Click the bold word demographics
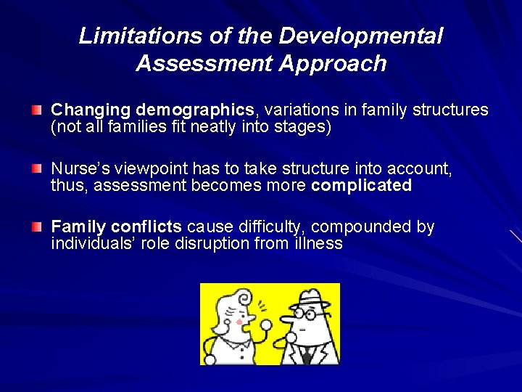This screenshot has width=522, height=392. click(194, 110)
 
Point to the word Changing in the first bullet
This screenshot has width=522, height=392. click(91, 110)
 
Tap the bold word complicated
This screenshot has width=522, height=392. click(361, 186)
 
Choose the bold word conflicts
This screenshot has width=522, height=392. click(146, 227)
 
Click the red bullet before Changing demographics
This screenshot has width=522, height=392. click(37, 110)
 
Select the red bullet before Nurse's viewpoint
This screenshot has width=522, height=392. click(37, 168)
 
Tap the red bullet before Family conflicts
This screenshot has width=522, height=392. click(37, 226)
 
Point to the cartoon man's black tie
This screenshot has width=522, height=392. click(307, 354)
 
